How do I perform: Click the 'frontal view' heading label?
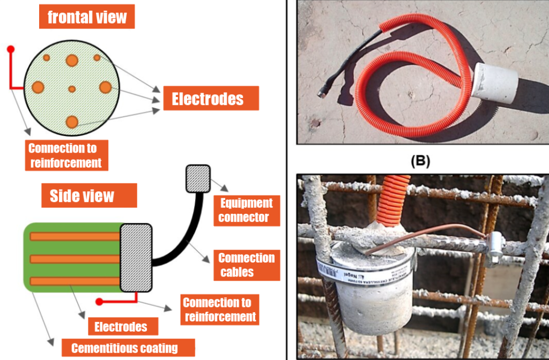point(87,17)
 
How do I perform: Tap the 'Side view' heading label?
point(82,196)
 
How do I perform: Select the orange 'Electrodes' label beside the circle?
point(207,99)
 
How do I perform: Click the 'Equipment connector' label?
point(246,210)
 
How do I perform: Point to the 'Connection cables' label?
point(246,265)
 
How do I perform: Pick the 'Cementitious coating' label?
point(124,348)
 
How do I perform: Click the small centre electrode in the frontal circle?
point(72,88)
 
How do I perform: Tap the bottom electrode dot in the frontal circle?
point(72,122)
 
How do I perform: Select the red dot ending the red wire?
point(10,49)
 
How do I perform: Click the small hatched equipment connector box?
point(198,178)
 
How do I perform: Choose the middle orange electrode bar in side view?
point(75,259)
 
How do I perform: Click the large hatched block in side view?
point(136,258)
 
